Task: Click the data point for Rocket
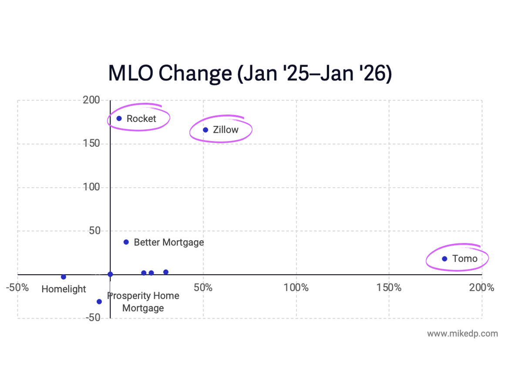click(x=119, y=118)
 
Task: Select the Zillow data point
click(x=205, y=130)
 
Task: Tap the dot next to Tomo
click(x=444, y=259)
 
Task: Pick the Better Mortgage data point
click(x=126, y=242)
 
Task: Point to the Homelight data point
click(x=64, y=277)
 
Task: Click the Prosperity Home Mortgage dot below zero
click(x=99, y=301)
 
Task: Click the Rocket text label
click(x=141, y=118)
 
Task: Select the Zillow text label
click(x=226, y=130)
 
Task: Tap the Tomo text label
click(x=465, y=259)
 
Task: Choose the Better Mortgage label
click(x=168, y=242)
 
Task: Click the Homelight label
click(x=64, y=289)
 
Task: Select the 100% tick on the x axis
click(x=296, y=287)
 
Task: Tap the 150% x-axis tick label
click(x=389, y=287)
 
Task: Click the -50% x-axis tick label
click(x=17, y=287)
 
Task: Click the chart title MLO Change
click(x=250, y=73)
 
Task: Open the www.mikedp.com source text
click(x=462, y=334)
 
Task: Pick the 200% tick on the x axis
click(x=481, y=287)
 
